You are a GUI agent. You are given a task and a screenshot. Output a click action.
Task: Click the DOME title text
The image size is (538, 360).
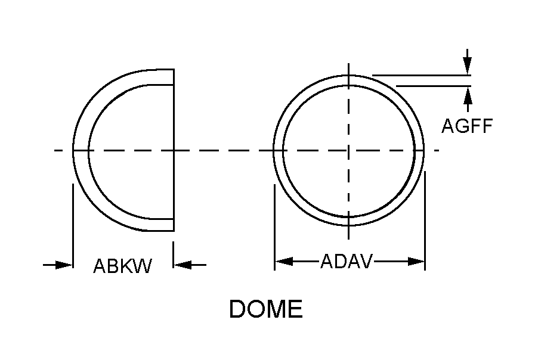(x=266, y=309)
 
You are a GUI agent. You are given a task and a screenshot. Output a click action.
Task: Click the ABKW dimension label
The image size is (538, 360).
(x=122, y=266)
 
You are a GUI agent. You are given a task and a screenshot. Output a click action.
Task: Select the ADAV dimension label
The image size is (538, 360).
(x=346, y=261)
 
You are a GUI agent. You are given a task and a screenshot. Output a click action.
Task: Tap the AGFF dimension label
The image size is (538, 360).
(x=467, y=126)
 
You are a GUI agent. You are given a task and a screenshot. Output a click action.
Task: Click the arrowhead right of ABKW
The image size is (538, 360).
(x=182, y=265)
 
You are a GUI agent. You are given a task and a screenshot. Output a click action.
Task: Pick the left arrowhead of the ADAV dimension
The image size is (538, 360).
(x=284, y=261)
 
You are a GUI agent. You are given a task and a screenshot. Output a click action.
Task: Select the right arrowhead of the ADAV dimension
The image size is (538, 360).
(x=416, y=261)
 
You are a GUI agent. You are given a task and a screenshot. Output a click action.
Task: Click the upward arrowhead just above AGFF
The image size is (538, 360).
(x=467, y=95)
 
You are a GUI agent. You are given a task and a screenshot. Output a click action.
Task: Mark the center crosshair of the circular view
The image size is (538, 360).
(x=348, y=150)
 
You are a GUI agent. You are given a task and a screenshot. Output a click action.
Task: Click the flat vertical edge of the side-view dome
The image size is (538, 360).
(x=174, y=150)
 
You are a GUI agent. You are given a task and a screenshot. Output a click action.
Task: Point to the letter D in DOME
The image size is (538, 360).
(x=238, y=309)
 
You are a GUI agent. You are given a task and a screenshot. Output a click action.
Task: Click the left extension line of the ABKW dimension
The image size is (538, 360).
(x=73, y=226)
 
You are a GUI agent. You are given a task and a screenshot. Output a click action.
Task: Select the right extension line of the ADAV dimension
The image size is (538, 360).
(x=425, y=221)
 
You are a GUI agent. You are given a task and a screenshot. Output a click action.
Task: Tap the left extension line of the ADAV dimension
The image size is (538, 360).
(x=274, y=227)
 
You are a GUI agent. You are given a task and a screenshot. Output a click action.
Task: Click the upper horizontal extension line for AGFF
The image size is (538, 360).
(x=422, y=75)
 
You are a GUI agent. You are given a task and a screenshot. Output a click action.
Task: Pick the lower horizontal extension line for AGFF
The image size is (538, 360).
(x=434, y=86)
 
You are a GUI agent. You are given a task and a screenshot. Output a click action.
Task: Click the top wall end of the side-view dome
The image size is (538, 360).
(x=174, y=77)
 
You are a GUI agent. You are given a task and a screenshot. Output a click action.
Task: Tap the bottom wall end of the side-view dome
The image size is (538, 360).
(x=174, y=225)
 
